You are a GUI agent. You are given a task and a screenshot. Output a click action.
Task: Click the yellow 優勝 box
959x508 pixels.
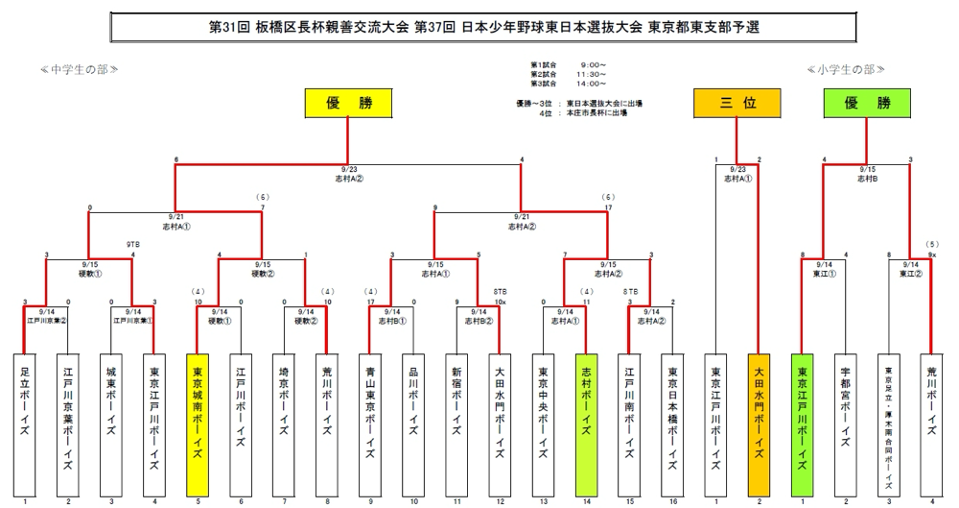[x=348, y=103]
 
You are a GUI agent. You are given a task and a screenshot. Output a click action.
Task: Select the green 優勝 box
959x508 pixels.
[x=867, y=103]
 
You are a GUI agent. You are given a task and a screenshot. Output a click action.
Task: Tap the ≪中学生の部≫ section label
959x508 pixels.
[x=80, y=69]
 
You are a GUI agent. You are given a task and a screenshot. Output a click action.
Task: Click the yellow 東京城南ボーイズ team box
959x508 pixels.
[x=198, y=423]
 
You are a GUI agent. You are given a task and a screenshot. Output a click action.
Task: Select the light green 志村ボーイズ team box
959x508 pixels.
[x=586, y=423]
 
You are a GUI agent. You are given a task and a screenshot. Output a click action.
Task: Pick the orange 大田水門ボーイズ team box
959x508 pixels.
[x=759, y=423]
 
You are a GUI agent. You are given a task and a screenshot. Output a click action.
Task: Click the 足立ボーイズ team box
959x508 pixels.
[x=25, y=423]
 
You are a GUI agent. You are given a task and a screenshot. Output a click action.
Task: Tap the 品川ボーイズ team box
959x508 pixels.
[x=413, y=423]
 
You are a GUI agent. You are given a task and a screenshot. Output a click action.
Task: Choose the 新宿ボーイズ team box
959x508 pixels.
[x=456, y=423]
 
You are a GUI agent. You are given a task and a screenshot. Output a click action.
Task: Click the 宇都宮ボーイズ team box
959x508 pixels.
[x=845, y=423]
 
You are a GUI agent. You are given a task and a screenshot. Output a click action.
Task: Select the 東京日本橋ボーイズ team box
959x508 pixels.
[x=672, y=423]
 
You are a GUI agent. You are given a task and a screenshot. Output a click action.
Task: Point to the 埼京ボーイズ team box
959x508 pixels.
[x=284, y=423]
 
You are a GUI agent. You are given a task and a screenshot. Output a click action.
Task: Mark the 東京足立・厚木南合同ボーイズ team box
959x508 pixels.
[x=888, y=423]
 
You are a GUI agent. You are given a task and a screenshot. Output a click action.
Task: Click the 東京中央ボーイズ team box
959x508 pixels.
[x=543, y=423]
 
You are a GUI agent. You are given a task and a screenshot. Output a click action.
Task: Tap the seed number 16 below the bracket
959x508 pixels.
[x=672, y=501]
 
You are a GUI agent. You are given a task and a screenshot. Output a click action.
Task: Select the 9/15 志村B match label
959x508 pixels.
[x=867, y=173]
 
